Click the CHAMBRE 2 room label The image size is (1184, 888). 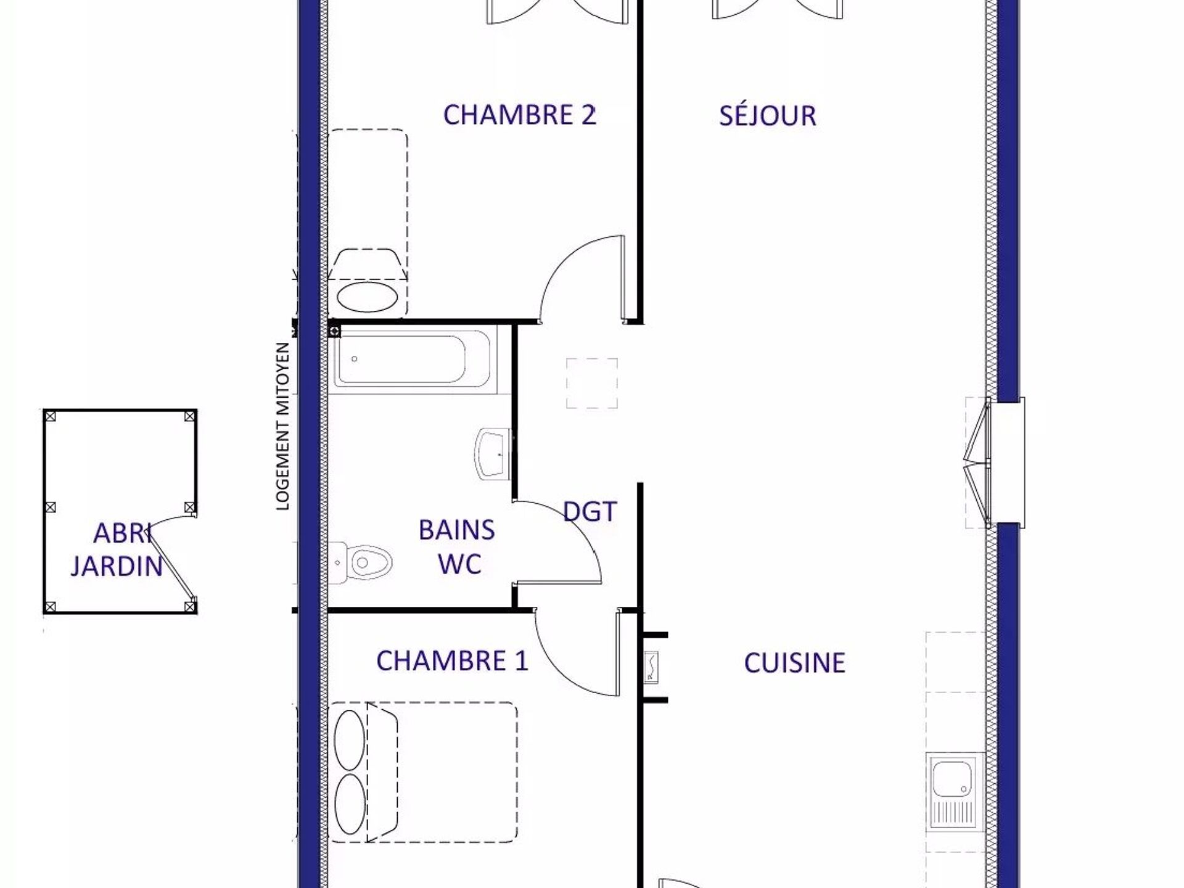click(x=520, y=115)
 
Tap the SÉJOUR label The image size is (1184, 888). click(x=768, y=115)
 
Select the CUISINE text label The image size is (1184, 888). click(x=795, y=663)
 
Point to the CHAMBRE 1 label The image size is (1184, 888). click(x=452, y=661)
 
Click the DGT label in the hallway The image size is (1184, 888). click(x=590, y=512)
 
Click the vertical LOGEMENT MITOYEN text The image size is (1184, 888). click(x=282, y=427)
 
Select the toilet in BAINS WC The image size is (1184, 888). click(x=361, y=562)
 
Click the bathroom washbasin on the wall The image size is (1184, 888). click(x=493, y=454)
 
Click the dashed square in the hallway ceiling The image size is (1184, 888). click(x=592, y=383)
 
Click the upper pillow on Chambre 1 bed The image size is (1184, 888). click(x=349, y=739)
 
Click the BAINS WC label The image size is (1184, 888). click(x=457, y=547)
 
